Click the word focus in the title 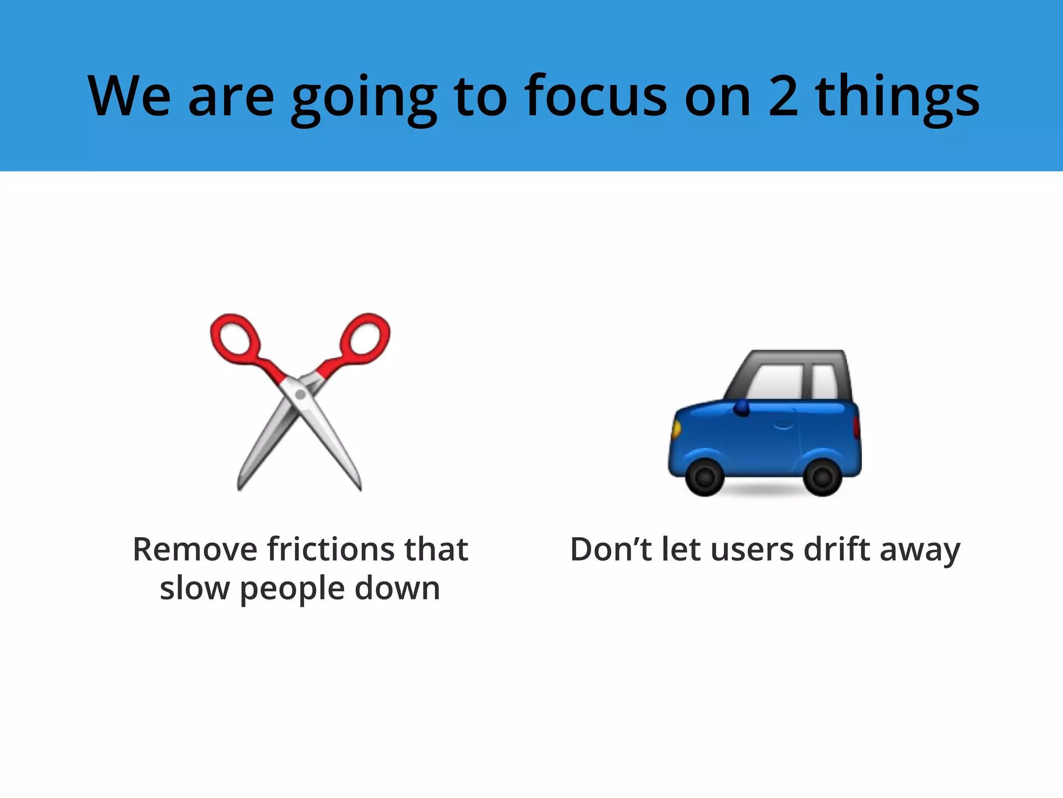[x=595, y=97]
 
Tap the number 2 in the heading [x=783, y=97]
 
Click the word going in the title [x=363, y=100]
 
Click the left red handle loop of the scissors [x=234, y=337]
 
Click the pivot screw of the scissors [x=300, y=395]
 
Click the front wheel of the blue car [x=704, y=476]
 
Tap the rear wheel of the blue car [x=822, y=476]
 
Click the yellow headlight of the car [x=676, y=429]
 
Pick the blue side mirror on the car [x=742, y=407]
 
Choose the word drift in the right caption [x=836, y=550]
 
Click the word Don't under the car [x=610, y=550]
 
